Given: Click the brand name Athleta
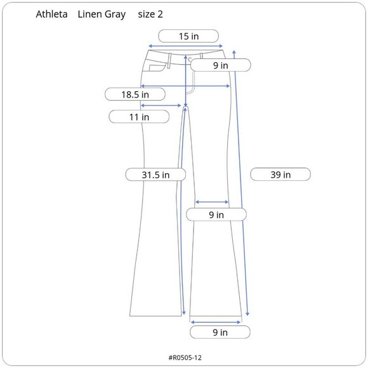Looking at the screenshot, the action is point(51,15).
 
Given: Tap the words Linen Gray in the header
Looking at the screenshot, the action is point(102,15).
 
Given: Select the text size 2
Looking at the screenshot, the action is point(150,15).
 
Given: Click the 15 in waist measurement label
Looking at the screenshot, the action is point(188,36).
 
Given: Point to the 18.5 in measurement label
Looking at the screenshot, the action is point(135,95).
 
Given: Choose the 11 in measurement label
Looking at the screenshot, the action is point(139,117).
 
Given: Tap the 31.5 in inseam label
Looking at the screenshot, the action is point(155,174).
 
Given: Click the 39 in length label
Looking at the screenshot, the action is point(280,174).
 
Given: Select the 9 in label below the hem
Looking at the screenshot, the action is point(220,332).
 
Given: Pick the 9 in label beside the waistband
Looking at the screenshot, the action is point(221,65).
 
